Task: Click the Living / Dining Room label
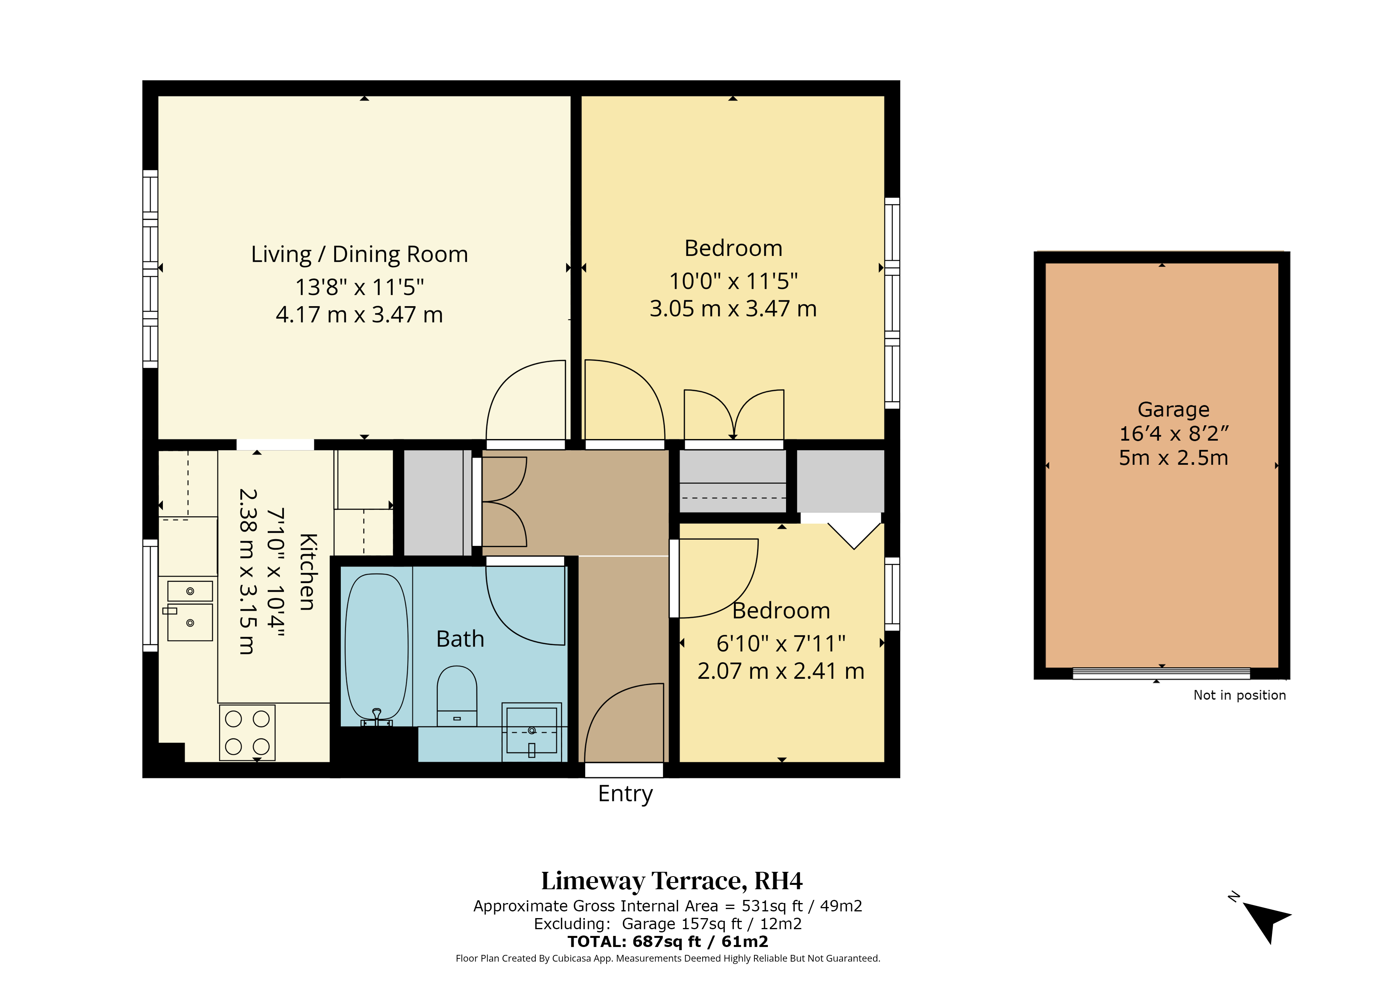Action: click(359, 254)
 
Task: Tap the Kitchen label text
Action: click(308, 572)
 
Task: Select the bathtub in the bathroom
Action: click(376, 649)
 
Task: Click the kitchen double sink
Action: click(190, 610)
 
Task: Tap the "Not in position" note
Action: click(1240, 695)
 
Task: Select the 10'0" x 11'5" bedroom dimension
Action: click(733, 281)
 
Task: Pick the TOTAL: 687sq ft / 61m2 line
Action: click(667, 942)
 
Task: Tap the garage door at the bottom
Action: click(1161, 673)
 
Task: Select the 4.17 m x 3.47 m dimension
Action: click(359, 315)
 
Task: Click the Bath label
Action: click(460, 639)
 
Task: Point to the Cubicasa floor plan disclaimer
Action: click(667, 958)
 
